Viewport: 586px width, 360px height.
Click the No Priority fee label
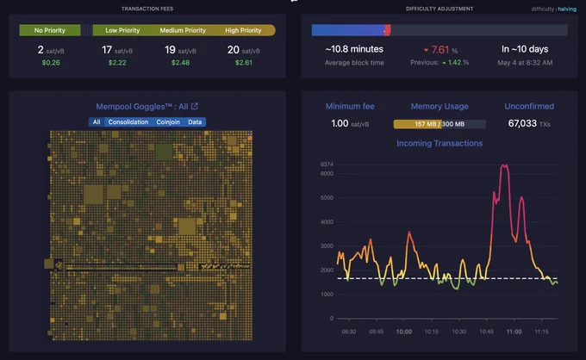[x=50, y=30]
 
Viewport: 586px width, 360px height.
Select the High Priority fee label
[x=243, y=30]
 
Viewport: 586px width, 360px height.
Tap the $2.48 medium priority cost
[x=180, y=63]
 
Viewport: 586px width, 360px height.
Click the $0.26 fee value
[x=51, y=63]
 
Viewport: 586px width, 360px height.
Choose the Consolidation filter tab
[x=128, y=122]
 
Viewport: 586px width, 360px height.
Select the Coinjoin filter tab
[x=168, y=122]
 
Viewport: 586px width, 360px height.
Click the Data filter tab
[x=195, y=122]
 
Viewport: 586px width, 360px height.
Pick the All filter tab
[x=97, y=122]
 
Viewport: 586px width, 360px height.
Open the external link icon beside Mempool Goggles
[x=195, y=107]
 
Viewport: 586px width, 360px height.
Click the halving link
[x=567, y=9]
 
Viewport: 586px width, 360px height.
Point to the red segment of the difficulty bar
[x=388, y=30]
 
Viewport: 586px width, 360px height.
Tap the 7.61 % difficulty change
[x=440, y=50]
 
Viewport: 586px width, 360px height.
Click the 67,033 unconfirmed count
[x=522, y=123]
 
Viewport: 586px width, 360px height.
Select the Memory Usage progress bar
[x=439, y=124]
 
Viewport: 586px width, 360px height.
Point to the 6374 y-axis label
[x=327, y=164]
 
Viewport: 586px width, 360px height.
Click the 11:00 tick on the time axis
[x=514, y=332]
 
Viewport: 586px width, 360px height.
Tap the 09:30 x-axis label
[x=349, y=332]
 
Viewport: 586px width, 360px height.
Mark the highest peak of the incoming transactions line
[x=504, y=165]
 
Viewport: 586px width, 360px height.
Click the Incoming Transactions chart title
[x=439, y=144]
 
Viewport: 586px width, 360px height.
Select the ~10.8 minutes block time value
[x=354, y=49]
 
